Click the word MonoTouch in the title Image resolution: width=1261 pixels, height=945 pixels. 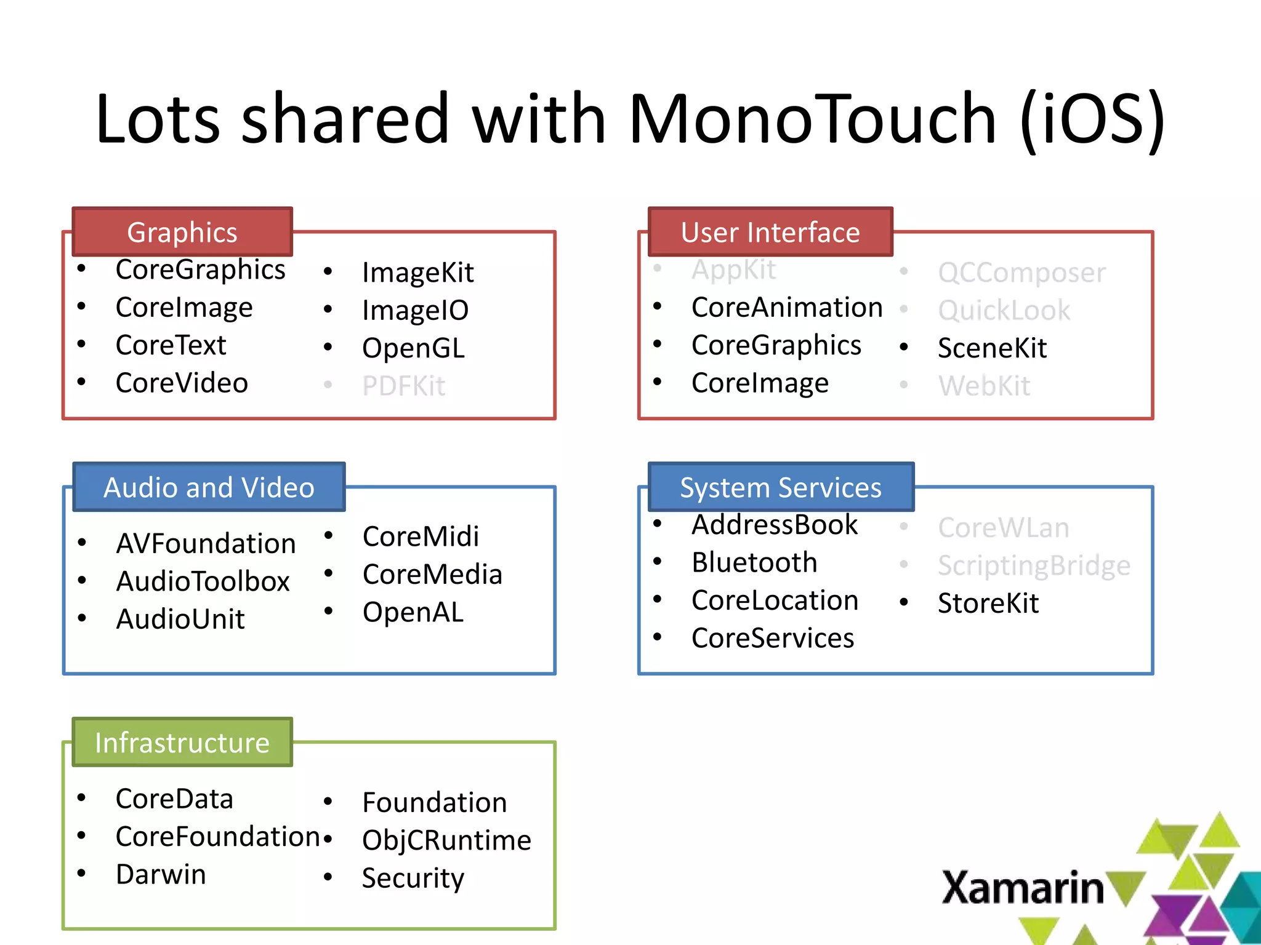click(812, 119)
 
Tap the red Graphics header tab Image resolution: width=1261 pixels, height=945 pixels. click(182, 232)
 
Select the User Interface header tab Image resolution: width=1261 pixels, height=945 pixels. click(770, 232)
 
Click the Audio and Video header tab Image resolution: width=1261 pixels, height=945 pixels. click(209, 487)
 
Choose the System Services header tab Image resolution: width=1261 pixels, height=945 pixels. click(780, 487)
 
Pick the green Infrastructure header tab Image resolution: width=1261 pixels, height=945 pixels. click(182, 743)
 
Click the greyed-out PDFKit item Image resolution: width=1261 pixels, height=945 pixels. click(403, 386)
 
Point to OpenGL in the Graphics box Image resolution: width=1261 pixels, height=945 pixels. click(413, 348)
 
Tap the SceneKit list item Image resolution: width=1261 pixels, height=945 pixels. click(991, 348)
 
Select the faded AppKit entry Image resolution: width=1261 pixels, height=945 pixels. click(733, 270)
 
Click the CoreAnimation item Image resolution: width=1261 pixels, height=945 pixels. click(786, 307)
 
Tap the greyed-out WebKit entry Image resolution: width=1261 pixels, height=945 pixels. click(984, 386)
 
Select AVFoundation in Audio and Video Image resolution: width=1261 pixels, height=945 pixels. click(206, 543)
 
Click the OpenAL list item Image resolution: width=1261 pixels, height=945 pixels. click(413, 612)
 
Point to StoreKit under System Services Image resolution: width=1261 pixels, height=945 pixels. click(988, 603)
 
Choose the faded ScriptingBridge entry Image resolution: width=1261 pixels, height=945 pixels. click(1034, 565)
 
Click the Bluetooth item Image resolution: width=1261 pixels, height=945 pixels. click(754, 562)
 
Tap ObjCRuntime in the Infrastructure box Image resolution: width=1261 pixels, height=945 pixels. click(446, 840)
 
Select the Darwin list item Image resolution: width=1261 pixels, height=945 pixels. click(161, 874)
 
